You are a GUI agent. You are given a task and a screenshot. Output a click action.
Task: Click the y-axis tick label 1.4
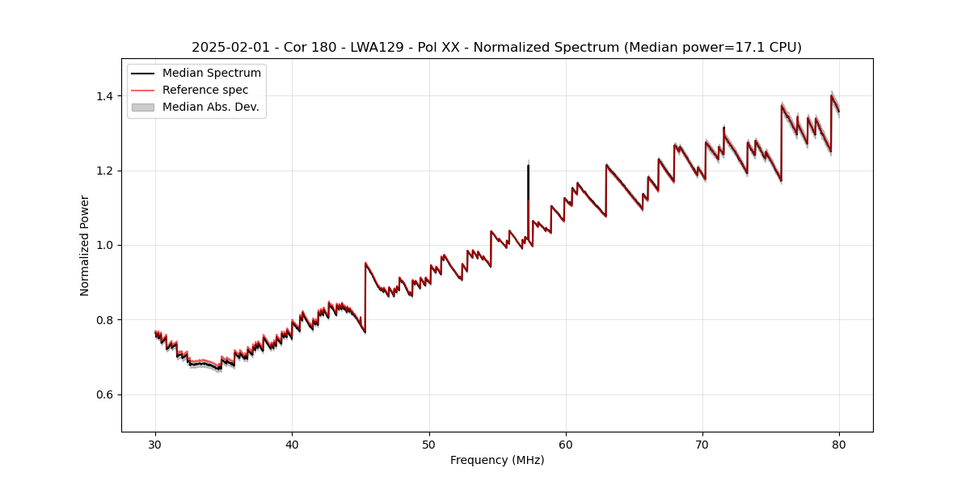click(x=103, y=96)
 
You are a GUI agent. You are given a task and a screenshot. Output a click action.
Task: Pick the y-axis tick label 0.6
click(x=103, y=394)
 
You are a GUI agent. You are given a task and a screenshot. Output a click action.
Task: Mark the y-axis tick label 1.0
click(x=103, y=245)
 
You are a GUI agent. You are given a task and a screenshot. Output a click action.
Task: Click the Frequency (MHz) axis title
click(x=497, y=460)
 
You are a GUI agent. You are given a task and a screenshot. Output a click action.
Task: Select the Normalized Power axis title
click(x=85, y=245)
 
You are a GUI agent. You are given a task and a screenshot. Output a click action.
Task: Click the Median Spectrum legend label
click(x=212, y=74)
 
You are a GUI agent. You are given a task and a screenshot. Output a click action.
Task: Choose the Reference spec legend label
click(x=205, y=90)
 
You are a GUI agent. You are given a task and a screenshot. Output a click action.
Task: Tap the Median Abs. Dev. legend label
click(x=211, y=107)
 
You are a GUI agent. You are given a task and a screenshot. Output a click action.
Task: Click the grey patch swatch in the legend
click(x=142, y=107)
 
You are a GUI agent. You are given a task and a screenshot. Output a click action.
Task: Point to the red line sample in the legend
click(x=142, y=90)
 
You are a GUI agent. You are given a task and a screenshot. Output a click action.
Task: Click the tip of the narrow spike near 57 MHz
click(x=528, y=166)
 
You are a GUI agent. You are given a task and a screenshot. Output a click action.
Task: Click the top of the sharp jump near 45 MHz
click(x=365, y=263)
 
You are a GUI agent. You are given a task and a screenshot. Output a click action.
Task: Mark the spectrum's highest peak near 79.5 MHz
click(x=831, y=95)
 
